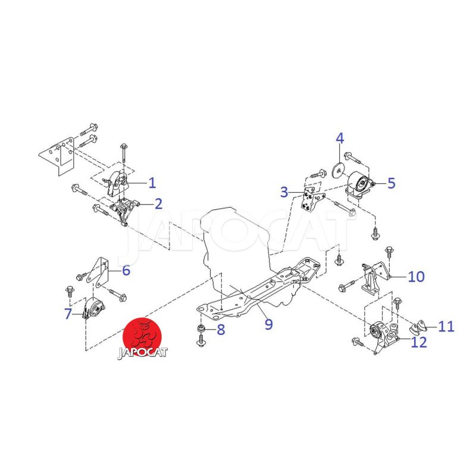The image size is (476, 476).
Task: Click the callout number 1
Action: click(152, 183)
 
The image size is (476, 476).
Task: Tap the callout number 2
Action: click(158, 203)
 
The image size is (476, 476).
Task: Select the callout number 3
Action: click(284, 192)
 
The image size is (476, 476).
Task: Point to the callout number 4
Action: click(340, 138)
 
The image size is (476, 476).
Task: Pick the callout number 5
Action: click(392, 183)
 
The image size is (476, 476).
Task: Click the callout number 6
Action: click(126, 270)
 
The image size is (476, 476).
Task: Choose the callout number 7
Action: click(68, 314)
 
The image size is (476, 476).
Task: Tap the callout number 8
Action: click(221, 330)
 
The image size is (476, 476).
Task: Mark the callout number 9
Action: click(269, 324)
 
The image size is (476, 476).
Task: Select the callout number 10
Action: click(416, 277)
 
